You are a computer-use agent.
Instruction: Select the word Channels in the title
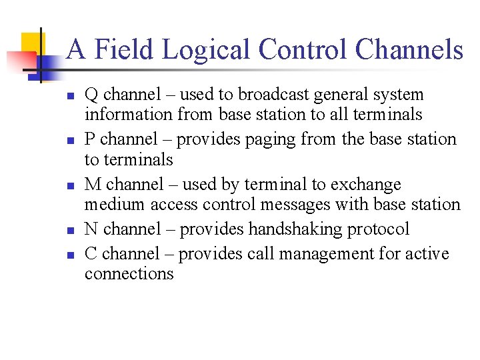tap(409, 49)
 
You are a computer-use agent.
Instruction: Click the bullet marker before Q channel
tap(70, 96)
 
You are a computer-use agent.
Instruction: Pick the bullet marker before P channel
tap(70, 141)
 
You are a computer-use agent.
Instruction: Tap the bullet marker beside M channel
tap(70, 185)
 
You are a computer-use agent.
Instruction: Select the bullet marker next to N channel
tap(70, 230)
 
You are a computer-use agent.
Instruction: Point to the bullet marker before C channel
tap(70, 255)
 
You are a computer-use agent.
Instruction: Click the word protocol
tap(379, 229)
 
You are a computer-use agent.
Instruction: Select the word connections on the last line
tap(129, 274)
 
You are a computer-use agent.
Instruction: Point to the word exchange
tap(369, 185)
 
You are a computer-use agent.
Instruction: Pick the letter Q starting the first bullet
tap(91, 95)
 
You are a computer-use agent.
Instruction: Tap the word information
tap(129, 115)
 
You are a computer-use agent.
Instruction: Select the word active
tap(425, 254)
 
